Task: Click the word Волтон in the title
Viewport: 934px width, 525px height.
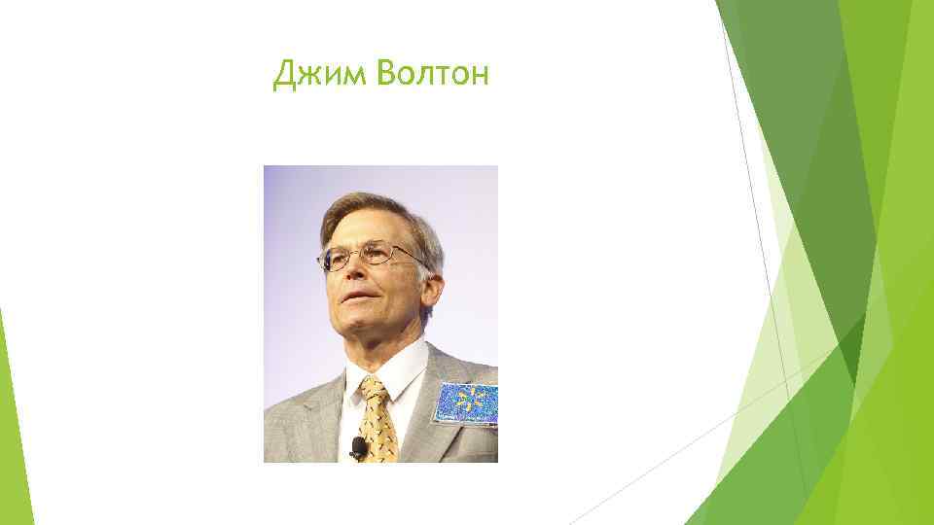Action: point(427,74)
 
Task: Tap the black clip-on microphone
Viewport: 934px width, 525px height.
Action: point(358,448)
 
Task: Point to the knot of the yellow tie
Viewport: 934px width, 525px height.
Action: point(374,392)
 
